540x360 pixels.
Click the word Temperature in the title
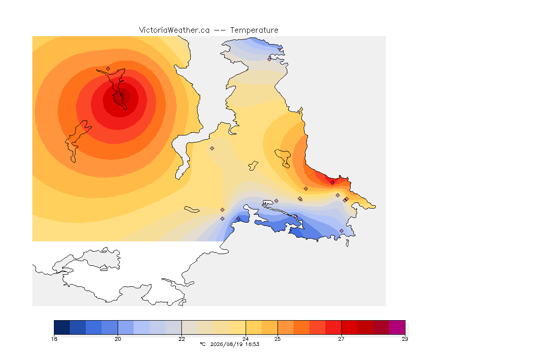[x=254, y=30]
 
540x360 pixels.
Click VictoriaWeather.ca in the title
[x=174, y=30]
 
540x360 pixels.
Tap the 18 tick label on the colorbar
[x=54, y=339]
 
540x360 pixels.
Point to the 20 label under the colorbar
[x=118, y=339]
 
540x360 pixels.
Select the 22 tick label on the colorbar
[x=181, y=339]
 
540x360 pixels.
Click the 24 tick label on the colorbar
[x=246, y=339]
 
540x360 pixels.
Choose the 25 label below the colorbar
[x=277, y=339]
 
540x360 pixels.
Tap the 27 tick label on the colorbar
[x=341, y=339]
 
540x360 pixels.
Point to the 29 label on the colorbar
[x=405, y=339]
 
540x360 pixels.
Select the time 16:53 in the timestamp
[x=252, y=344]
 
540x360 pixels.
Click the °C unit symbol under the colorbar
[x=202, y=344]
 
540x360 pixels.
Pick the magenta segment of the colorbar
[x=397, y=327]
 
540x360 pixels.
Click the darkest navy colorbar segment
[x=62, y=327]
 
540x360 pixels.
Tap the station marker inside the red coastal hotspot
[x=332, y=183]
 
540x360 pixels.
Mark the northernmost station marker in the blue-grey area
[x=270, y=59]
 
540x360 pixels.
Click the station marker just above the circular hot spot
[x=108, y=69]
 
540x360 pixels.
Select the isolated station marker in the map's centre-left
[x=212, y=149]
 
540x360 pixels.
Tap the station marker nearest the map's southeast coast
[x=341, y=231]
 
